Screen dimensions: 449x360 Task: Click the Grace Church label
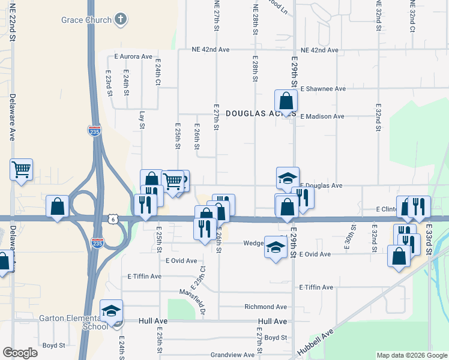86,20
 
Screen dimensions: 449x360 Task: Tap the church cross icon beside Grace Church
121,20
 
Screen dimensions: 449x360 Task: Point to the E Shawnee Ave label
323,89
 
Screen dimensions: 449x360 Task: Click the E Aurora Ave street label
133,56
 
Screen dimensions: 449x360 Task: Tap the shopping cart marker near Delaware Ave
21,170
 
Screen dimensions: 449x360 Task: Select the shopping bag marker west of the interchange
57,207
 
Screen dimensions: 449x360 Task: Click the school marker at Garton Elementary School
111,311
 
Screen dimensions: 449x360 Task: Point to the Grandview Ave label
232,355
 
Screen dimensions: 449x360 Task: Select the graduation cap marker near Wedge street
276,247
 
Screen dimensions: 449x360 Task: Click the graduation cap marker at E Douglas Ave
288,178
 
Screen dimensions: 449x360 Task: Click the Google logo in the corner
20,353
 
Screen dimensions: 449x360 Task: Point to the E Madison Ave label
322,116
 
